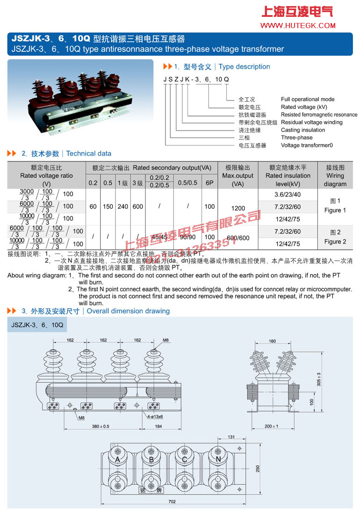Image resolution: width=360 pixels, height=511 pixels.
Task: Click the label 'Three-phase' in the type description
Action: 296,138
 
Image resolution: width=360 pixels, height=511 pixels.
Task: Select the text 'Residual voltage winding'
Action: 311,122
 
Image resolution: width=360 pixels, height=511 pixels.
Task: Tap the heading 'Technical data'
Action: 89,153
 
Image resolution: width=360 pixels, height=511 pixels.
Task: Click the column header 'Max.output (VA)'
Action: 238,176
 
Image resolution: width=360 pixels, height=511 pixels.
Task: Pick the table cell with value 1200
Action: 238,206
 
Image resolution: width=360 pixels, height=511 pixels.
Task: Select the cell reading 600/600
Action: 238,238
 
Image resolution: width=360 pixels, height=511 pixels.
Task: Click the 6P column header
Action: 209,183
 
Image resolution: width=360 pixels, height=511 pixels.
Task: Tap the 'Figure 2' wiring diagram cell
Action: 335,237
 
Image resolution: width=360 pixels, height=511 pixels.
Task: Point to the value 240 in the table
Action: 122,206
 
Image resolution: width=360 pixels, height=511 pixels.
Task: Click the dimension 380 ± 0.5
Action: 101,426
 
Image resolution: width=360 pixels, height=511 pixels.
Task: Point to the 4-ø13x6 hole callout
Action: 154,416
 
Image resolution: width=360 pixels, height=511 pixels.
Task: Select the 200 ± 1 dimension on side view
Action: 271,426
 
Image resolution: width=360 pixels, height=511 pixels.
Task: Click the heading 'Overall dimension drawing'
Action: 128,311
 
